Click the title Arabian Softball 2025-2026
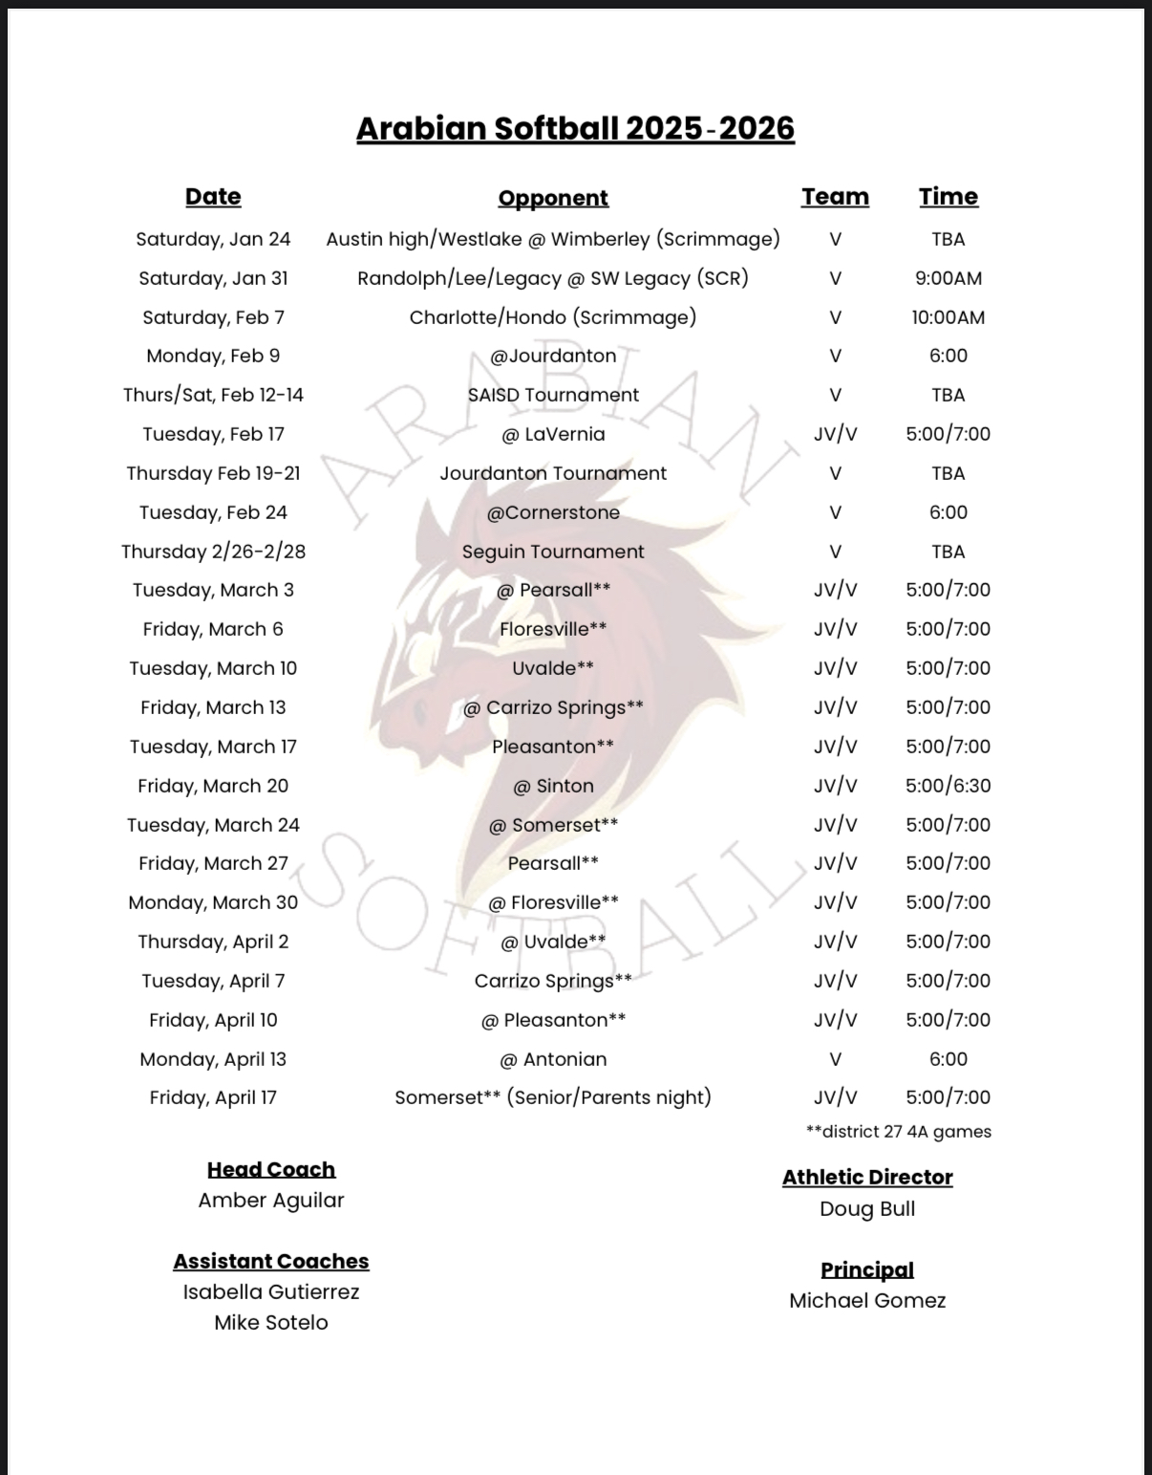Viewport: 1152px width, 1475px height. point(575,128)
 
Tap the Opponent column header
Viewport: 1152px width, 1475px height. point(553,198)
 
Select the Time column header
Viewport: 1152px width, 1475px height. point(948,196)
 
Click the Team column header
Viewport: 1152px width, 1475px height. point(835,196)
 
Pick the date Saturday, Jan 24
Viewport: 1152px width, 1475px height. point(213,239)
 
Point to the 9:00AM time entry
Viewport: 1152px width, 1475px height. point(948,278)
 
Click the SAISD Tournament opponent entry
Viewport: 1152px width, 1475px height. point(553,395)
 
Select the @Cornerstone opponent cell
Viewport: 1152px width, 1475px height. point(553,512)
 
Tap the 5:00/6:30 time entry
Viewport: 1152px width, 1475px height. point(948,786)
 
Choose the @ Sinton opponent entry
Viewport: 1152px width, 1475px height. point(553,786)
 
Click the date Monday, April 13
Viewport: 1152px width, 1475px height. point(213,1059)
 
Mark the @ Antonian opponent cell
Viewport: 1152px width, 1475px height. point(553,1059)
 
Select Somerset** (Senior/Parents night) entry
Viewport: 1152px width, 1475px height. point(553,1097)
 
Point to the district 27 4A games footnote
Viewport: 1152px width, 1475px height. point(898,1132)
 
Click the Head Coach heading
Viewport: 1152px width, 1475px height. point(271,1169)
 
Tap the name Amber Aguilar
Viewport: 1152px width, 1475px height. point(271,1201)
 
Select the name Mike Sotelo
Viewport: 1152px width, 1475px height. point(271,1323)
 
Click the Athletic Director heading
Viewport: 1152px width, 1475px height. point(867,1177)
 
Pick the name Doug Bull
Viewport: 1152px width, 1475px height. point(867,1208)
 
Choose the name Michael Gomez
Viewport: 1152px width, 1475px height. point(867,1301)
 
